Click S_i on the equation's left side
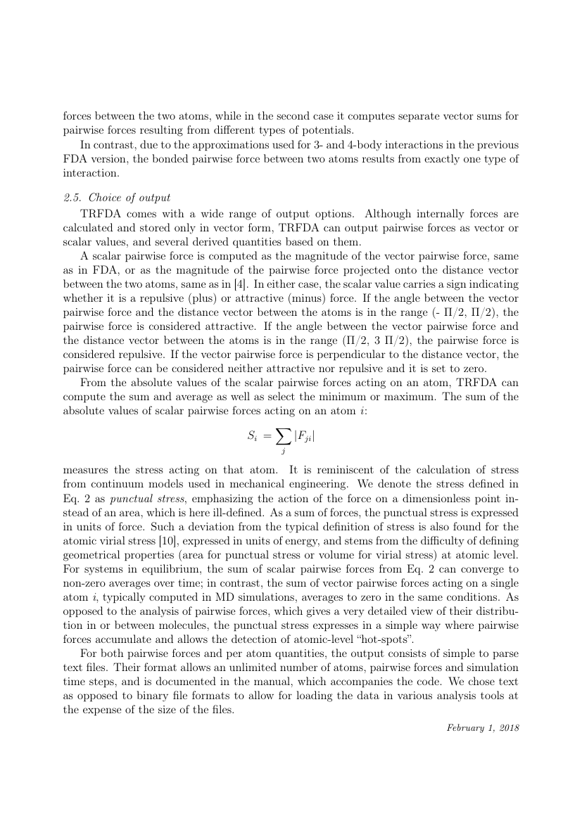tap(253, 437)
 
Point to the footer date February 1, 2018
tap(483, 727)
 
